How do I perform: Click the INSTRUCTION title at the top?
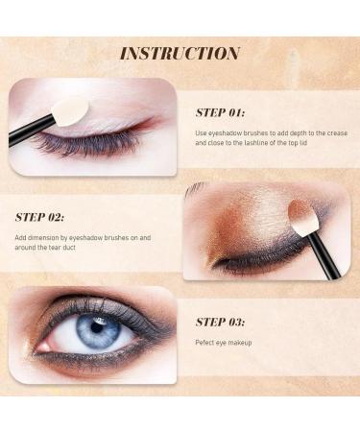(x=180, y=53)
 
